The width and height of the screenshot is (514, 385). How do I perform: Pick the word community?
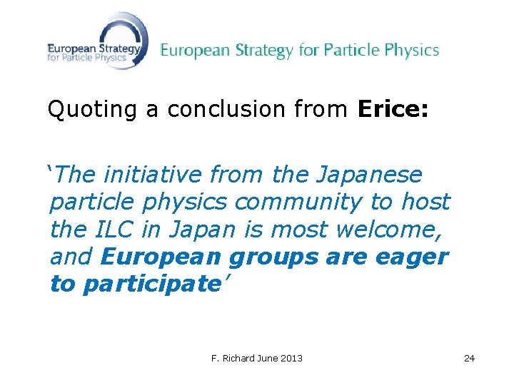(301, 202)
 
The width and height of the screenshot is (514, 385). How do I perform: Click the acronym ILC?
(112, 230)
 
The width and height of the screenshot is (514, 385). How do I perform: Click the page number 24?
(469, 358)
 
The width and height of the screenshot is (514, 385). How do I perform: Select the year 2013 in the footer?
(290, 358)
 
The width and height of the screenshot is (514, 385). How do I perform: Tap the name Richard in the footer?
(237, 358)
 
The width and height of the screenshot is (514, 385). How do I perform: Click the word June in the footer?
(266, 358)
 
